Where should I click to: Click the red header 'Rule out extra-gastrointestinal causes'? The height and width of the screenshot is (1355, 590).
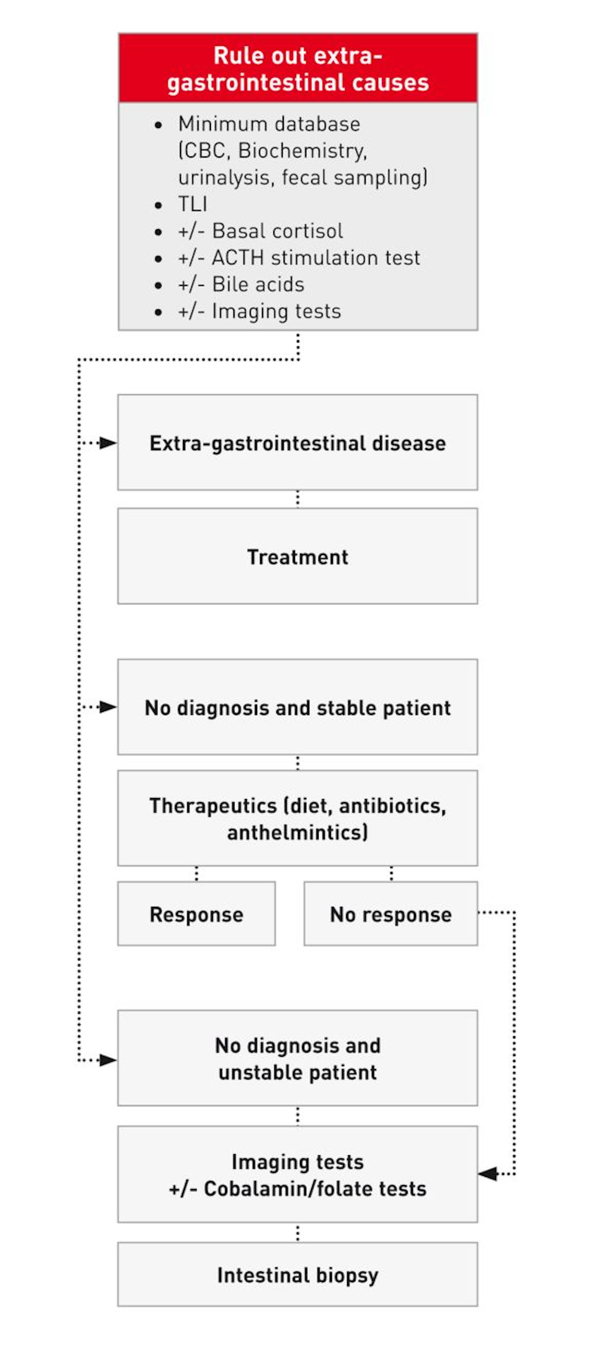(x=297, y=68)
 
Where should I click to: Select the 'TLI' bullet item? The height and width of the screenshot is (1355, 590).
(x=192, y=204)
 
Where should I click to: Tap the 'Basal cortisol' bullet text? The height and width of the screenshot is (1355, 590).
(x=277, y=231)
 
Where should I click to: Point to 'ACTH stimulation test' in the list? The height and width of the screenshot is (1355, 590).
(x=316, y=258)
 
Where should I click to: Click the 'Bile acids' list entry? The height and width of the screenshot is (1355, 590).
(x=258, y=284)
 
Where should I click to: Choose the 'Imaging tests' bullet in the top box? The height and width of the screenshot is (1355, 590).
(x=276, y=311)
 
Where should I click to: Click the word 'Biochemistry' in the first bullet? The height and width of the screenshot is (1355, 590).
(x=302, y=151)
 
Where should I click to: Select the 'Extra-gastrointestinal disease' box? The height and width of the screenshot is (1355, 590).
(x=297, y=443)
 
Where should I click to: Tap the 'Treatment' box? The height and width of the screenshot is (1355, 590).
(x=297, y=556)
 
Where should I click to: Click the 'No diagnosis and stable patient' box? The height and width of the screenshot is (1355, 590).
(x=297, y=708)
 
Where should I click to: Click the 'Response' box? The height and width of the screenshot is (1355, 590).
(x=196, y=914)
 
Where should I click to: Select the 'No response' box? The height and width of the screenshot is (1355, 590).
(x=390, y=914)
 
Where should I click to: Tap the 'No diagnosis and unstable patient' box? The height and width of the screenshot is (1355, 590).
(x=297, y=1058)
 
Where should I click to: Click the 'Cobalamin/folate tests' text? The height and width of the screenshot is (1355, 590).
(x=315, y=1189)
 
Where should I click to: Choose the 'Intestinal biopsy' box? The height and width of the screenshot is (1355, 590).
(x=297, y=1275)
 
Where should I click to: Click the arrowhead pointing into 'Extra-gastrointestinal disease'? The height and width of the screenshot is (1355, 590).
(x=108, y=443)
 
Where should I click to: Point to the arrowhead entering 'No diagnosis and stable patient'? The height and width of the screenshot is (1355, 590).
(x=108, y=707)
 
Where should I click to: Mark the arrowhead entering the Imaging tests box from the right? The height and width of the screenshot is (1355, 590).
(x=487, y=1173)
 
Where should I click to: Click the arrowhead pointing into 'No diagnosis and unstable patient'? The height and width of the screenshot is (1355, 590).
(x=108, y=1060)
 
